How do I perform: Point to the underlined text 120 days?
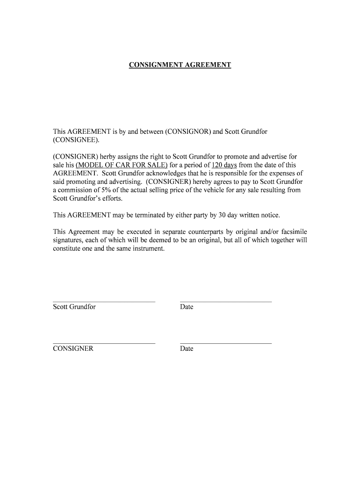pyautogui.click(x=224, y=165)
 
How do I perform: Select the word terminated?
pyautogui.click(x=157, y=215)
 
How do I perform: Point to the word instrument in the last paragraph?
pyautogui.click(x=150, y=248)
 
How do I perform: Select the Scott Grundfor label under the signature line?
pyautogui.click(x=74, y=307)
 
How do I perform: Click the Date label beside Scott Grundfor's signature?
pyautogui.click(x=187, y=307)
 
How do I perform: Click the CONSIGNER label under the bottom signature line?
pyautogui.click(x=73, y=348)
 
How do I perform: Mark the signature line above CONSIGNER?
pyautogui.click(x=104, y=343)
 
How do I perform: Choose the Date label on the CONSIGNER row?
pyautogui.click(x=187, y=348)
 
